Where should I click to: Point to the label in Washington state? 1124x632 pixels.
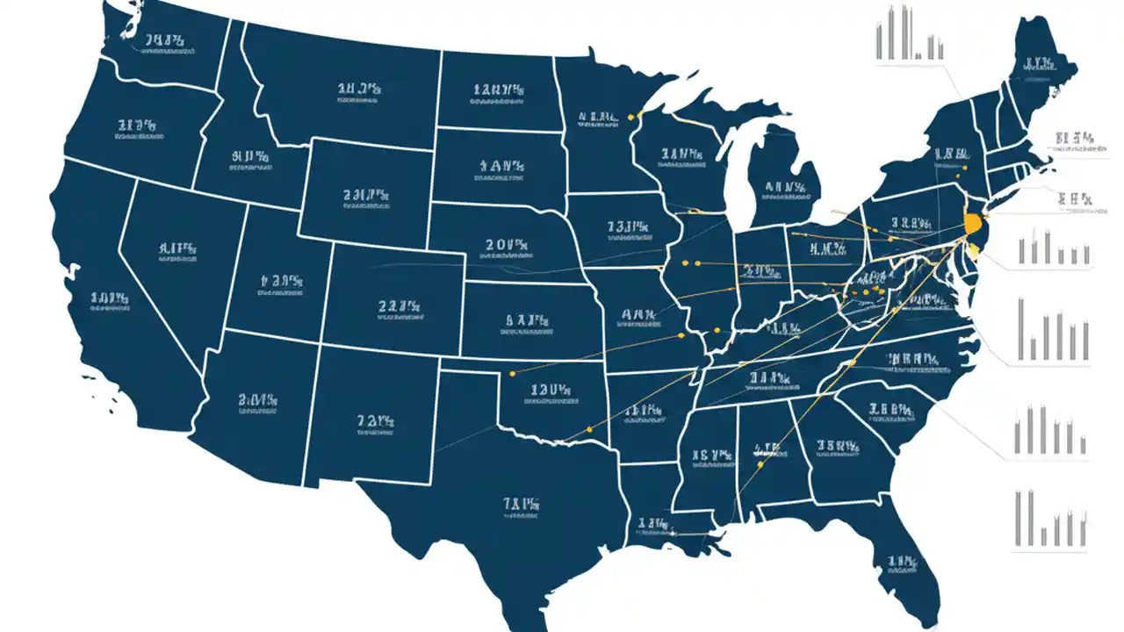(x=163, y=41)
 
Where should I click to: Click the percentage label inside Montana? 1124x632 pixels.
(x=359, y=90)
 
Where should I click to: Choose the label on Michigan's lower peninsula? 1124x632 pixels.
(x=784, y=188)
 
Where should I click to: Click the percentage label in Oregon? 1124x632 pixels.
(x=135, y=128)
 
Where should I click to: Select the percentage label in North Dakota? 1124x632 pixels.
(x=499, y=90)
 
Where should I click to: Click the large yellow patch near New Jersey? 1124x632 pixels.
(x=972, y=223)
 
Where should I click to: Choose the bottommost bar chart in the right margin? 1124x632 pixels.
(x=1051, y=520)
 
